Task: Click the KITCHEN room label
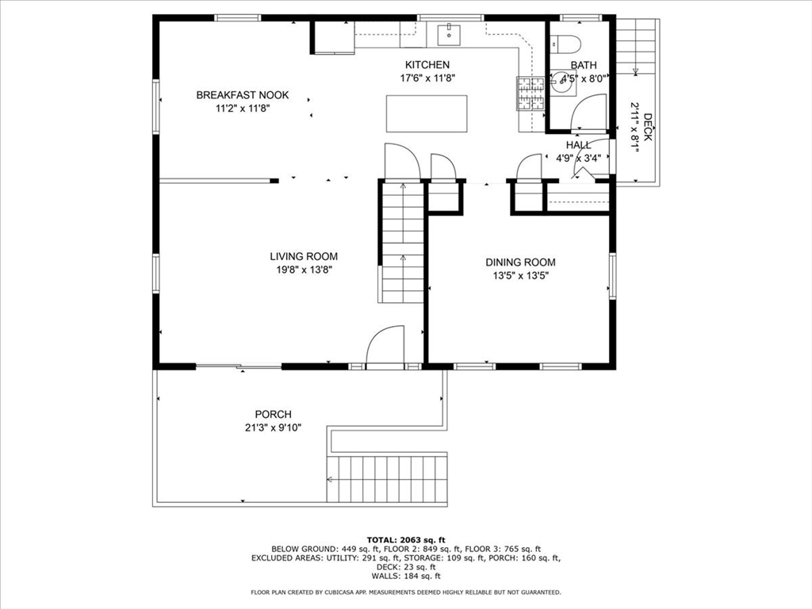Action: tap(427, 65)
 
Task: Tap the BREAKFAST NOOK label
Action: tap(243, 95)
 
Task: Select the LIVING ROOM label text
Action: tap(304, 256)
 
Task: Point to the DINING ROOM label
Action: tap(520, 262)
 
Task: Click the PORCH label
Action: tap(273, 414)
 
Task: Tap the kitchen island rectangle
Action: tap(427, 113)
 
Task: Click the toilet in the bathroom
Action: tap(565, 44)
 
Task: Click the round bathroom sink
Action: tap(562, 84)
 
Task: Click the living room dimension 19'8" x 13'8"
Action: tap(304, 270)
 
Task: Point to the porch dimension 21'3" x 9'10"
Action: tap(273, 427)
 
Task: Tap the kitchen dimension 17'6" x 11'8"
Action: tap(427, 79)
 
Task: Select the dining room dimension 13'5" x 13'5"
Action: tap(520, 276)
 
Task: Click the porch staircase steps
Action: tap(387, 479)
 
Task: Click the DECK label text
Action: tap(648, 128)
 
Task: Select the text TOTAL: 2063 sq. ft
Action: tap(406, 540)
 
